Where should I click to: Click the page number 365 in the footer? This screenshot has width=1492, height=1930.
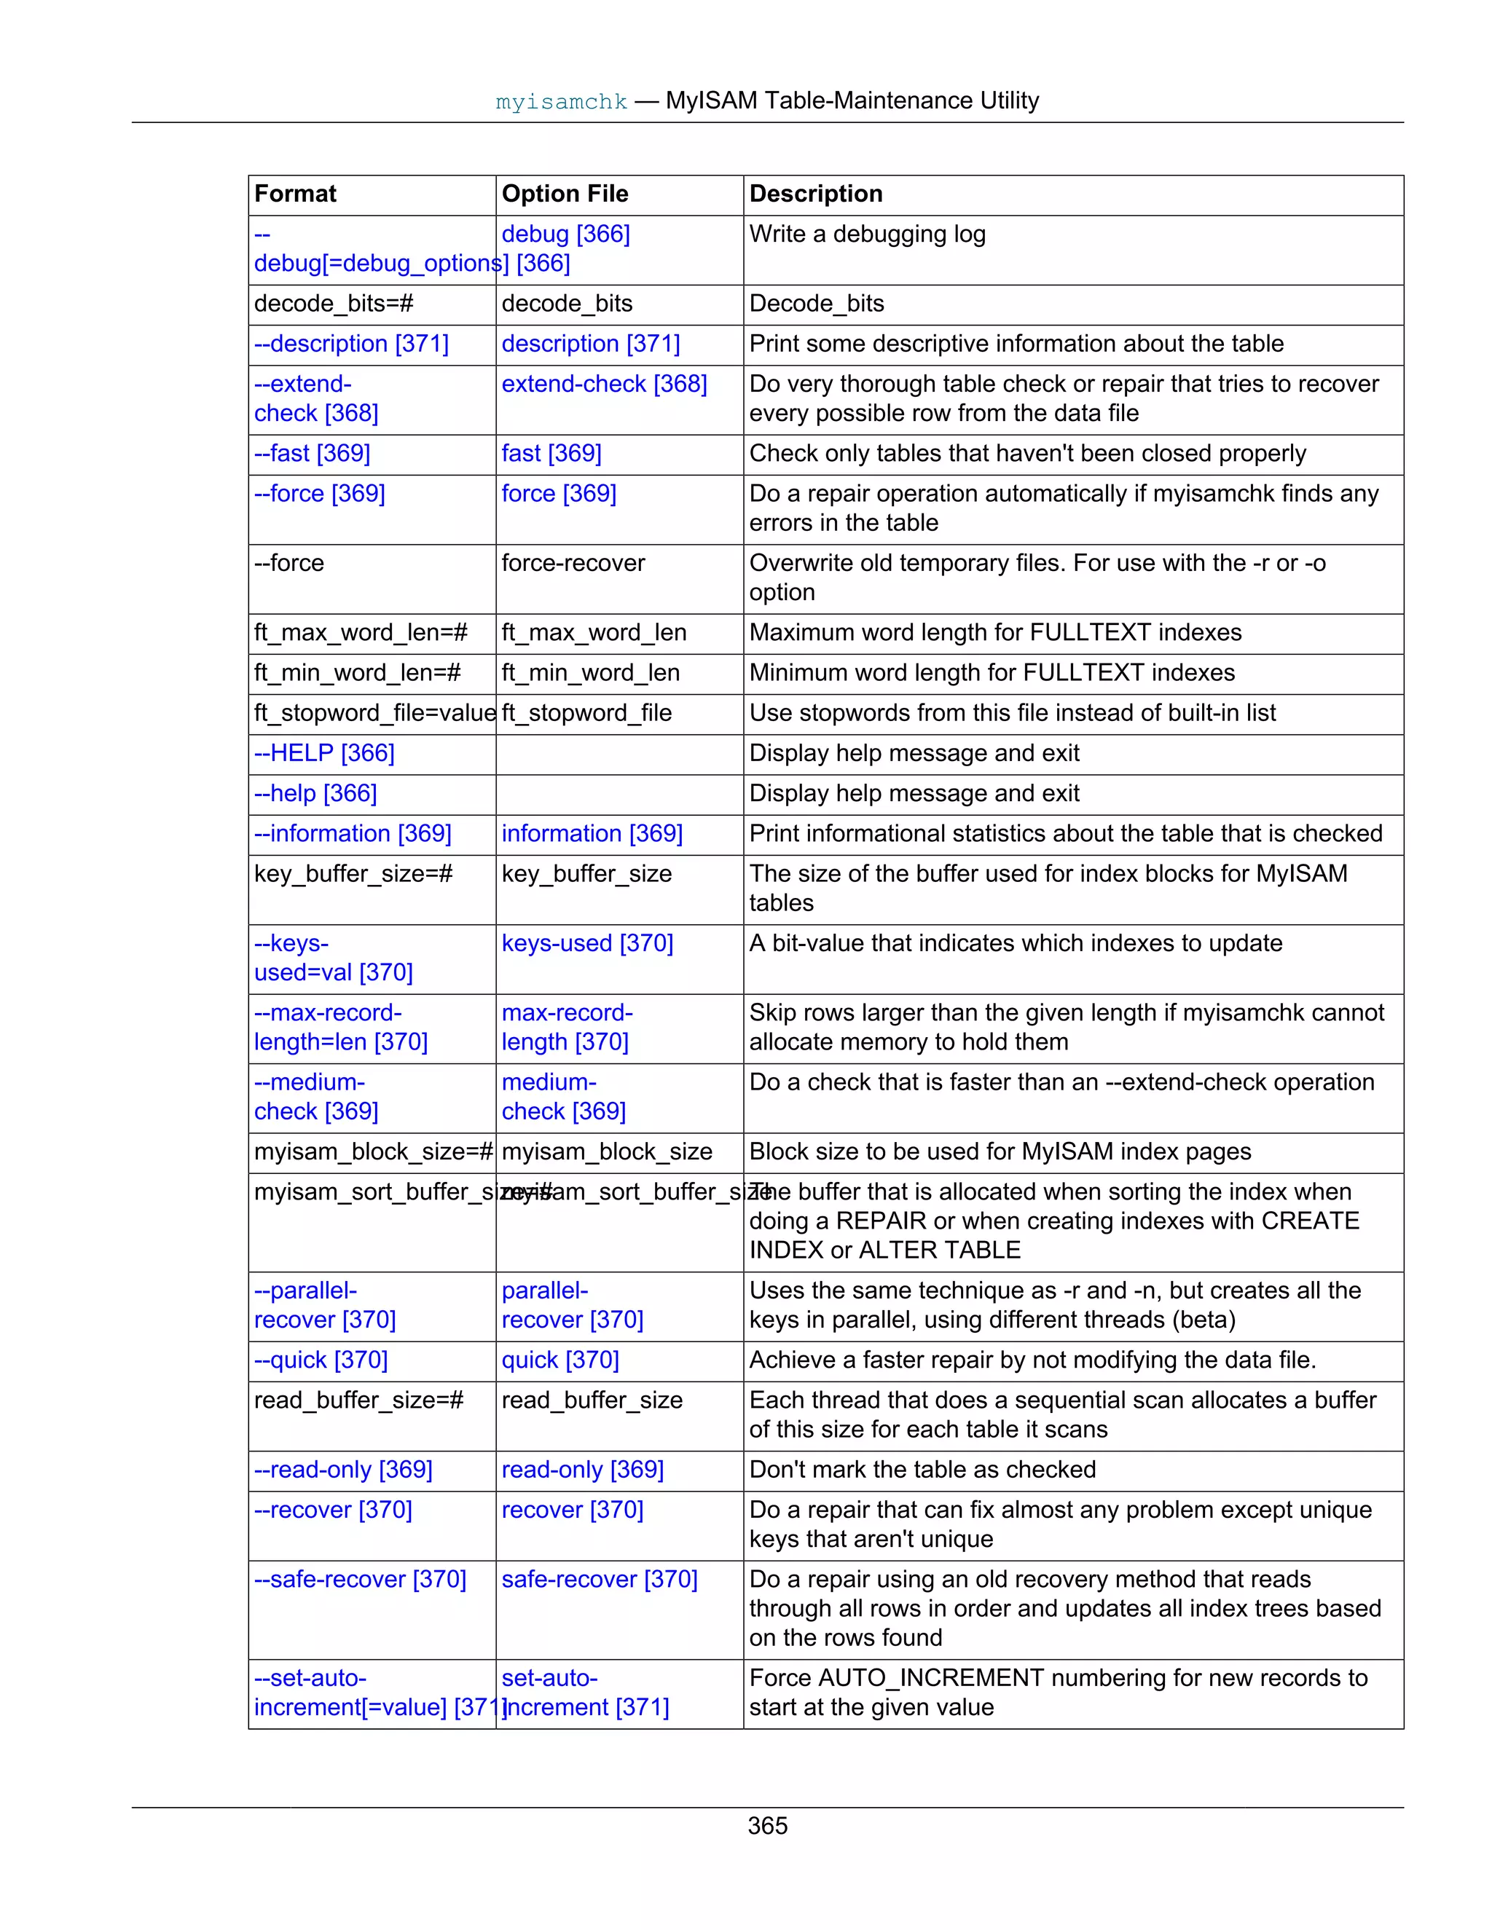coord(766,1825)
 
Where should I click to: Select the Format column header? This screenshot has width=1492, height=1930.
coord(295,194)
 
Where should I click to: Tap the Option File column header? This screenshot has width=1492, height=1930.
coord(565,194)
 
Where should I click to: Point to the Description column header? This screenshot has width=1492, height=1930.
coord(815,194)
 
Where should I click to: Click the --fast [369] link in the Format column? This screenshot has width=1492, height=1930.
coord(312,453)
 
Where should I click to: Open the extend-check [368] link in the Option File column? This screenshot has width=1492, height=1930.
coord(604,384)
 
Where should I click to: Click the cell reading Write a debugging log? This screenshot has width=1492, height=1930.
coord(867,235)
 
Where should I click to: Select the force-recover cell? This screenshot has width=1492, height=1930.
coord(573,563)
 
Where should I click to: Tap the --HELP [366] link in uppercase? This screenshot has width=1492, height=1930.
coord(324,753)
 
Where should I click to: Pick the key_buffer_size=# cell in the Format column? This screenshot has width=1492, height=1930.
coord(353,874)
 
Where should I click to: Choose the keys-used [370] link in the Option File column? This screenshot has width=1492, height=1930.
coord(587,943)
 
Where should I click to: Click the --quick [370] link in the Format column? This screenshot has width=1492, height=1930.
coord(321,1359)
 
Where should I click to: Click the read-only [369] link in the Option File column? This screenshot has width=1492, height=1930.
coord(583,1469)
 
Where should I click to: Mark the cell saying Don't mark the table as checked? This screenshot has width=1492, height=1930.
coord(922,1469)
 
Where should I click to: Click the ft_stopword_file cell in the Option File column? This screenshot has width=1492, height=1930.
coord(586,712)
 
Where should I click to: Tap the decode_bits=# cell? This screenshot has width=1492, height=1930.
coord(333,303)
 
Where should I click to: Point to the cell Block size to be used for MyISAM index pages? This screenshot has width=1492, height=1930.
coord(1000,1151)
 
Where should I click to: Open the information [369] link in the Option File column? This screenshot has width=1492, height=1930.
coord(592,833)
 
